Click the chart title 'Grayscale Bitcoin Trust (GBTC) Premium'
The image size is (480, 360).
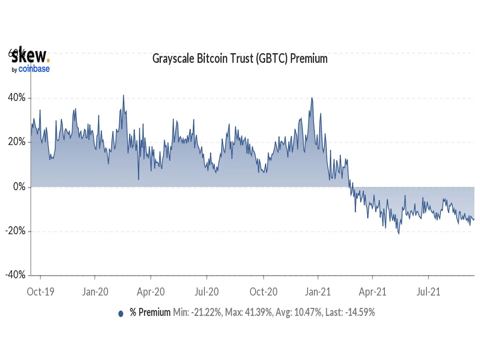240,59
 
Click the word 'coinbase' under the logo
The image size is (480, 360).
34,69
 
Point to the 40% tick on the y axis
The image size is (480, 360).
17,98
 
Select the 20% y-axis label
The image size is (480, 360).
17,142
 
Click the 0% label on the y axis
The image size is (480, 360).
19,187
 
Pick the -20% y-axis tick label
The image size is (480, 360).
15,231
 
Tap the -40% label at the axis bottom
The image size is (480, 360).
15,275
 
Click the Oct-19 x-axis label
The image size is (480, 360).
40,292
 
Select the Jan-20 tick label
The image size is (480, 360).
95,292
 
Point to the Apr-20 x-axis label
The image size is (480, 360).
151,292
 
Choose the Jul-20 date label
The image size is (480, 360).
207,292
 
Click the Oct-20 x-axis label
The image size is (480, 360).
263,292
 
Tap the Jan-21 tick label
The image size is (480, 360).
318,292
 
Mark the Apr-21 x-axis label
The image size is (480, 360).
372,292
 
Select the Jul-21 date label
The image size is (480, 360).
428,292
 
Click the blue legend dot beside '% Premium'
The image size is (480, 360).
121,313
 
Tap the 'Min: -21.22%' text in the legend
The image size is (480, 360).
197,312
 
